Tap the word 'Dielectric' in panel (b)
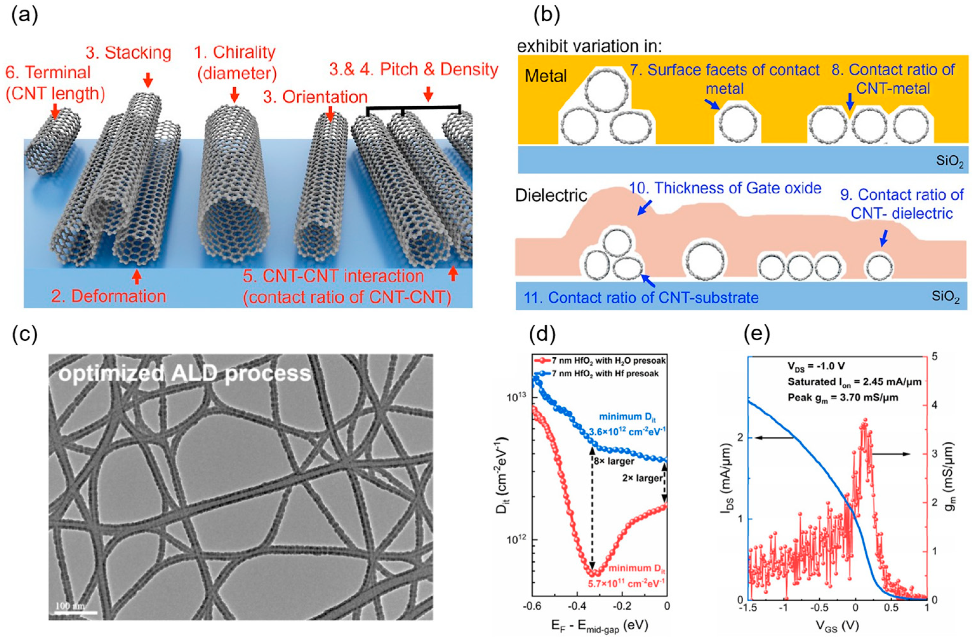tap(551, 195)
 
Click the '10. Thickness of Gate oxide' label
tap(725, 188)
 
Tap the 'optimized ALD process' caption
tap(185, 373)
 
